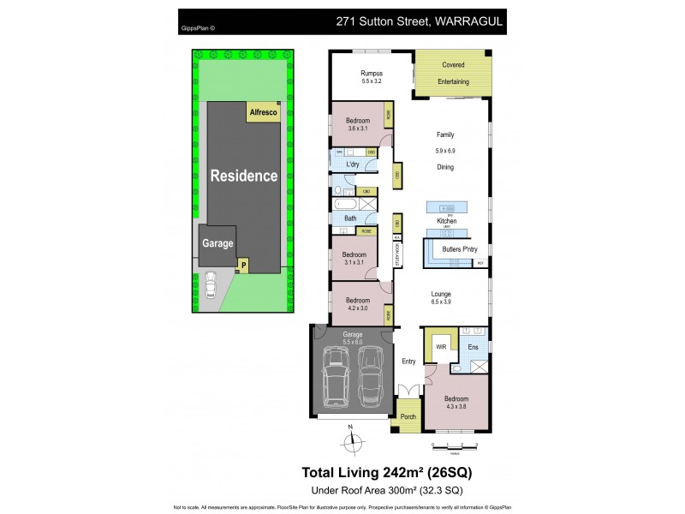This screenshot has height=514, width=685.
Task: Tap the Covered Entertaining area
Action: (x=453, y=74)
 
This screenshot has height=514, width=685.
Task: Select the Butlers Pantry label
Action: (x=454, y=249)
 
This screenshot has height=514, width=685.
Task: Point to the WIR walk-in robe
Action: (x=442, y=348)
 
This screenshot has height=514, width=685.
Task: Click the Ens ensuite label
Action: (x=473, y=348)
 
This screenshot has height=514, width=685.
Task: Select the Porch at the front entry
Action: (x=408, y=417)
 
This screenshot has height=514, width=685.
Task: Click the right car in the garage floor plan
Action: (x=372, y=377)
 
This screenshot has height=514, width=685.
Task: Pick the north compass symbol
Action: (x=350, y=441)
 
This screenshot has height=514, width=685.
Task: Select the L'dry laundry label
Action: (x=352, y=164)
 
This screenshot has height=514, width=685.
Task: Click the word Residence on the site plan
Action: (x=244, y=176)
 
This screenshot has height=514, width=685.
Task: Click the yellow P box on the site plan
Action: (x=243, y=266)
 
